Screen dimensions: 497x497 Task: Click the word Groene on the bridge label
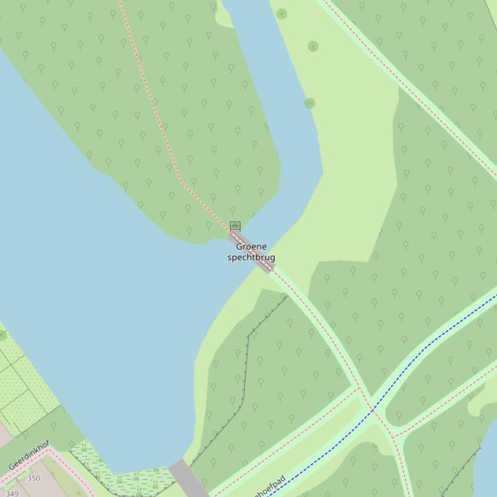(251, 247)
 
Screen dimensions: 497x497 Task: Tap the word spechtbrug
(251, 258)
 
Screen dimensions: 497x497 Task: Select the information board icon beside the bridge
(235, 226)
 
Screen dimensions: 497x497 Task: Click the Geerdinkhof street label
(29, 455)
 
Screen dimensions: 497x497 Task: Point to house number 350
(34, 478)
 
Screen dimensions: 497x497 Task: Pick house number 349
(12, 492)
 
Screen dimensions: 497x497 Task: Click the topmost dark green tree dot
(282, 14)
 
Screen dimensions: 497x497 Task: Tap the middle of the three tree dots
(313, 46)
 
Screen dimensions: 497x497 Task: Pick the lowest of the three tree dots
(310, 103)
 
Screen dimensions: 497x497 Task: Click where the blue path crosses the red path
(373, 411)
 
